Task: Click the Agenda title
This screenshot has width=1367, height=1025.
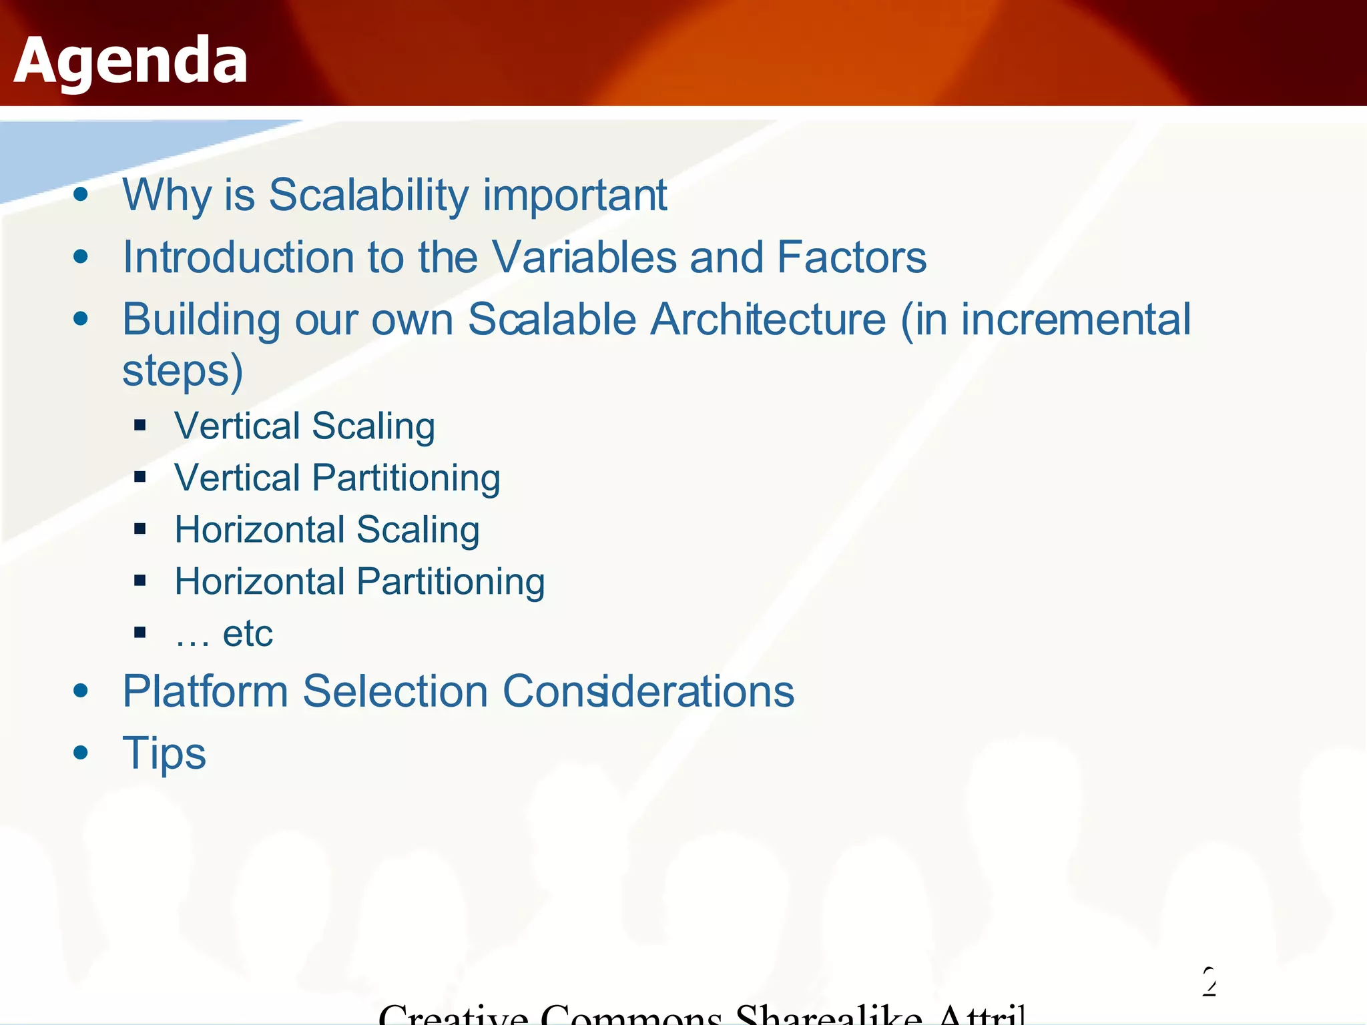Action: [131, 61]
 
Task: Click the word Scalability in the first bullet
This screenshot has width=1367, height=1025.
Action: [369, 195]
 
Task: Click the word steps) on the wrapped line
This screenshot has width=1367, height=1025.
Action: [182, 371]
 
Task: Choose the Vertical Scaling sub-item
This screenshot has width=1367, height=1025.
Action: [304, 426]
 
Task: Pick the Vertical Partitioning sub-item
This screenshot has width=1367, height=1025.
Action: [337, 478]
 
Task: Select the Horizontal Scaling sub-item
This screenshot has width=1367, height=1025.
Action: [327, 530]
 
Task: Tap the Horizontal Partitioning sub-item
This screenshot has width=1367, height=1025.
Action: [359, 581]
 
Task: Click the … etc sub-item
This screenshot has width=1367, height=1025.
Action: [224, 633]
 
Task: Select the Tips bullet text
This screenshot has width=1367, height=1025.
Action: [164, 753]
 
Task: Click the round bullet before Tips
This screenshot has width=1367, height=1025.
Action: [81, 753]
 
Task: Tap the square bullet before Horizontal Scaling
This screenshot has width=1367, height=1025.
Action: [140, 529]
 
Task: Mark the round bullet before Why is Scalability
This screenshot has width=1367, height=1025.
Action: [81, 194]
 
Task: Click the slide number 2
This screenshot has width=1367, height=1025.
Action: [1209, 981]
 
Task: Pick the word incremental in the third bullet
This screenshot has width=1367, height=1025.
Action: [1075, 319]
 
